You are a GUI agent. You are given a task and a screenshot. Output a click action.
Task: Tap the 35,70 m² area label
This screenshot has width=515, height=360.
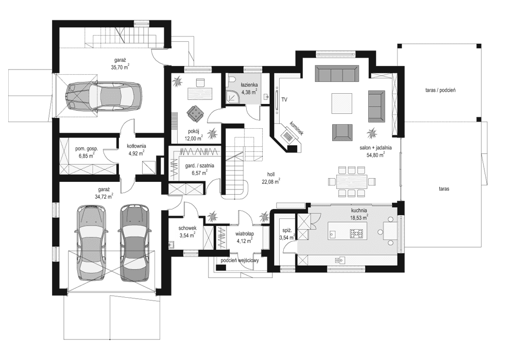(x=119, y=66)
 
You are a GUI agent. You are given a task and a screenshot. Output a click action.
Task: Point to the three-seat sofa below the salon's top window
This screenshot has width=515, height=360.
(x=337, y=74)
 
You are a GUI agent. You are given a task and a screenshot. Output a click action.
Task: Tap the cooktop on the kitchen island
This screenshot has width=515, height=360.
(x=356, y=233)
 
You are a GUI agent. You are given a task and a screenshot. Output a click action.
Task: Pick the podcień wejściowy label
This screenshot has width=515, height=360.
(x=239, y=261)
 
